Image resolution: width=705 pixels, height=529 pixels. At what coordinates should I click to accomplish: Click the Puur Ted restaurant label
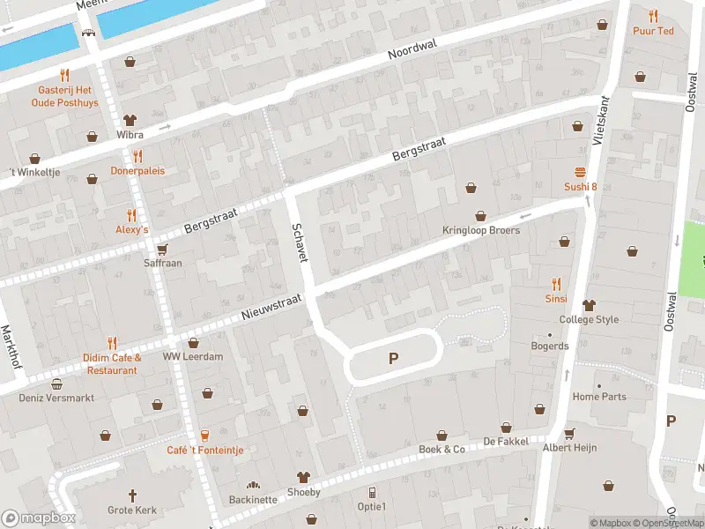(x=653, y=31)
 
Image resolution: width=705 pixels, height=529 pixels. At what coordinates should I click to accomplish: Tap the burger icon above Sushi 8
(x=581, y=171)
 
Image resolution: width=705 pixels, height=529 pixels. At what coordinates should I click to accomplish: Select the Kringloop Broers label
(x=480, y=230)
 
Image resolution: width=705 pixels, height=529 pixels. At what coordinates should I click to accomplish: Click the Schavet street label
(x=301, y=242)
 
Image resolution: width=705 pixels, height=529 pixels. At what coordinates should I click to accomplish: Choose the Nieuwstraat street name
(x=271, y=308)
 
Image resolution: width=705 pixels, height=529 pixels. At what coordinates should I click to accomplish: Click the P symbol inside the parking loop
(x=393, y=359)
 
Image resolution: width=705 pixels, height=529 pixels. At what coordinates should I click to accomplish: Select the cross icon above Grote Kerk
(x=133, y=495)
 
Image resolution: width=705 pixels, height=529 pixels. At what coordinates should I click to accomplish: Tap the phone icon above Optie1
(x=372, y=492)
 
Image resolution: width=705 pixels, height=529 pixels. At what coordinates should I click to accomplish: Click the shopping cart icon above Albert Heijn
(x=569, y=433)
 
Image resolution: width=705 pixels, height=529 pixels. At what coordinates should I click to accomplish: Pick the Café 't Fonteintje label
(x=204, y=450)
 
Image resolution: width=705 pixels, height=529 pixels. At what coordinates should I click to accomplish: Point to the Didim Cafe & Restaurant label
(x=111, y=363)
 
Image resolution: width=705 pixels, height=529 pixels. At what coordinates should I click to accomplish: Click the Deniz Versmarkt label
(x=56, y=397)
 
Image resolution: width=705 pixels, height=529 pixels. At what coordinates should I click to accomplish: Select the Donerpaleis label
(x=137, y=170)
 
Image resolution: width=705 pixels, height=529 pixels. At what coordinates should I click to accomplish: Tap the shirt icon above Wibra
(x=130, y=120)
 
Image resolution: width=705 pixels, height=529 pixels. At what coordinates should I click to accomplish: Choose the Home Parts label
(x=599, y=397)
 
